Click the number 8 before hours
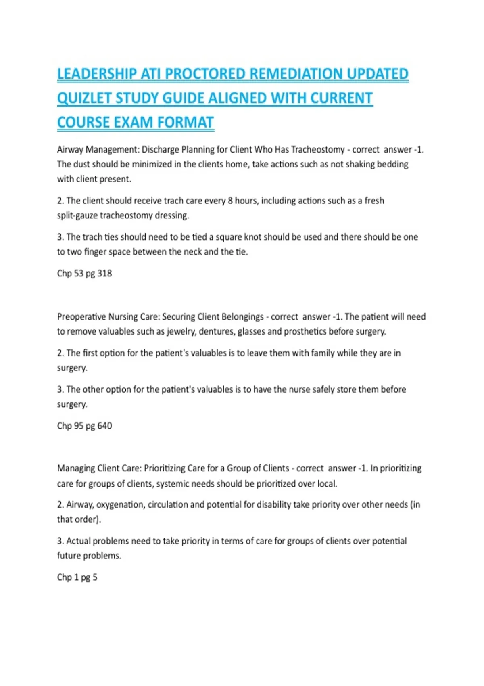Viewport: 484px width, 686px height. click(x=230, y=201)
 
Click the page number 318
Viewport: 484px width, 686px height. click(x=104, y=274)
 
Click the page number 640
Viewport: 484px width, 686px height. click(x=104, y=426)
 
